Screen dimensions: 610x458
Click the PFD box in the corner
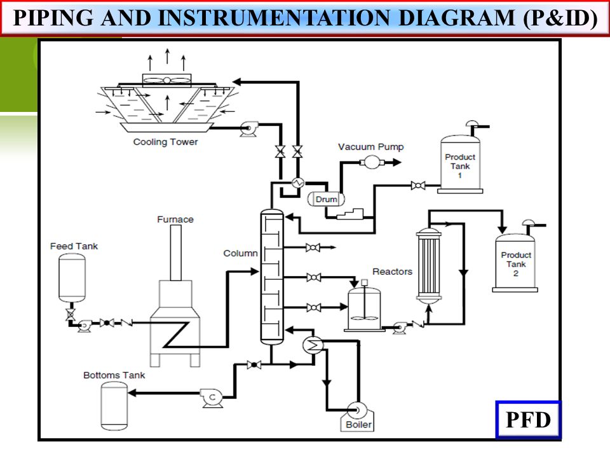pos(528,419)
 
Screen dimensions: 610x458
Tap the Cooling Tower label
pos(165,142)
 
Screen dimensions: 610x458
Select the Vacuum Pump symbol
pos(372,162)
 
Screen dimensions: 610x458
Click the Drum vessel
pos(326,199)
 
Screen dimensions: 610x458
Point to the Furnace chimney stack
pos(176,253)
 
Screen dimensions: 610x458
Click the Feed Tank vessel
pos(72,278)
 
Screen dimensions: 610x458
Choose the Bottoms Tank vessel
pos(114,406)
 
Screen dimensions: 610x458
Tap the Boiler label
pos(358,424)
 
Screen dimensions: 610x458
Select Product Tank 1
pos(460,163)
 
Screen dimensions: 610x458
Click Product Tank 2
pos(515,261)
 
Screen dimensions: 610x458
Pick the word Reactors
pos(392,272)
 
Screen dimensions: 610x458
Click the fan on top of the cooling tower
pos(166,80)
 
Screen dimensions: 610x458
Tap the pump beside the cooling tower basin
pos(248,128)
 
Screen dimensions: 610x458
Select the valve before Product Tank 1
pos(418,185)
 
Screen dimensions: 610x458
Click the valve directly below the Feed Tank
pos(71,314)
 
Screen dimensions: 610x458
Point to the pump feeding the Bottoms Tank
pos(212,398)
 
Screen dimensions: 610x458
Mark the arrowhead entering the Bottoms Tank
pos(132,393)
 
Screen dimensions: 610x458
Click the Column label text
pos(240,253)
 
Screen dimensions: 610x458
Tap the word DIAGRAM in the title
pos(457,18)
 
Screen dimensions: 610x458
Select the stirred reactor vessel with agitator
pos(364,308)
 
